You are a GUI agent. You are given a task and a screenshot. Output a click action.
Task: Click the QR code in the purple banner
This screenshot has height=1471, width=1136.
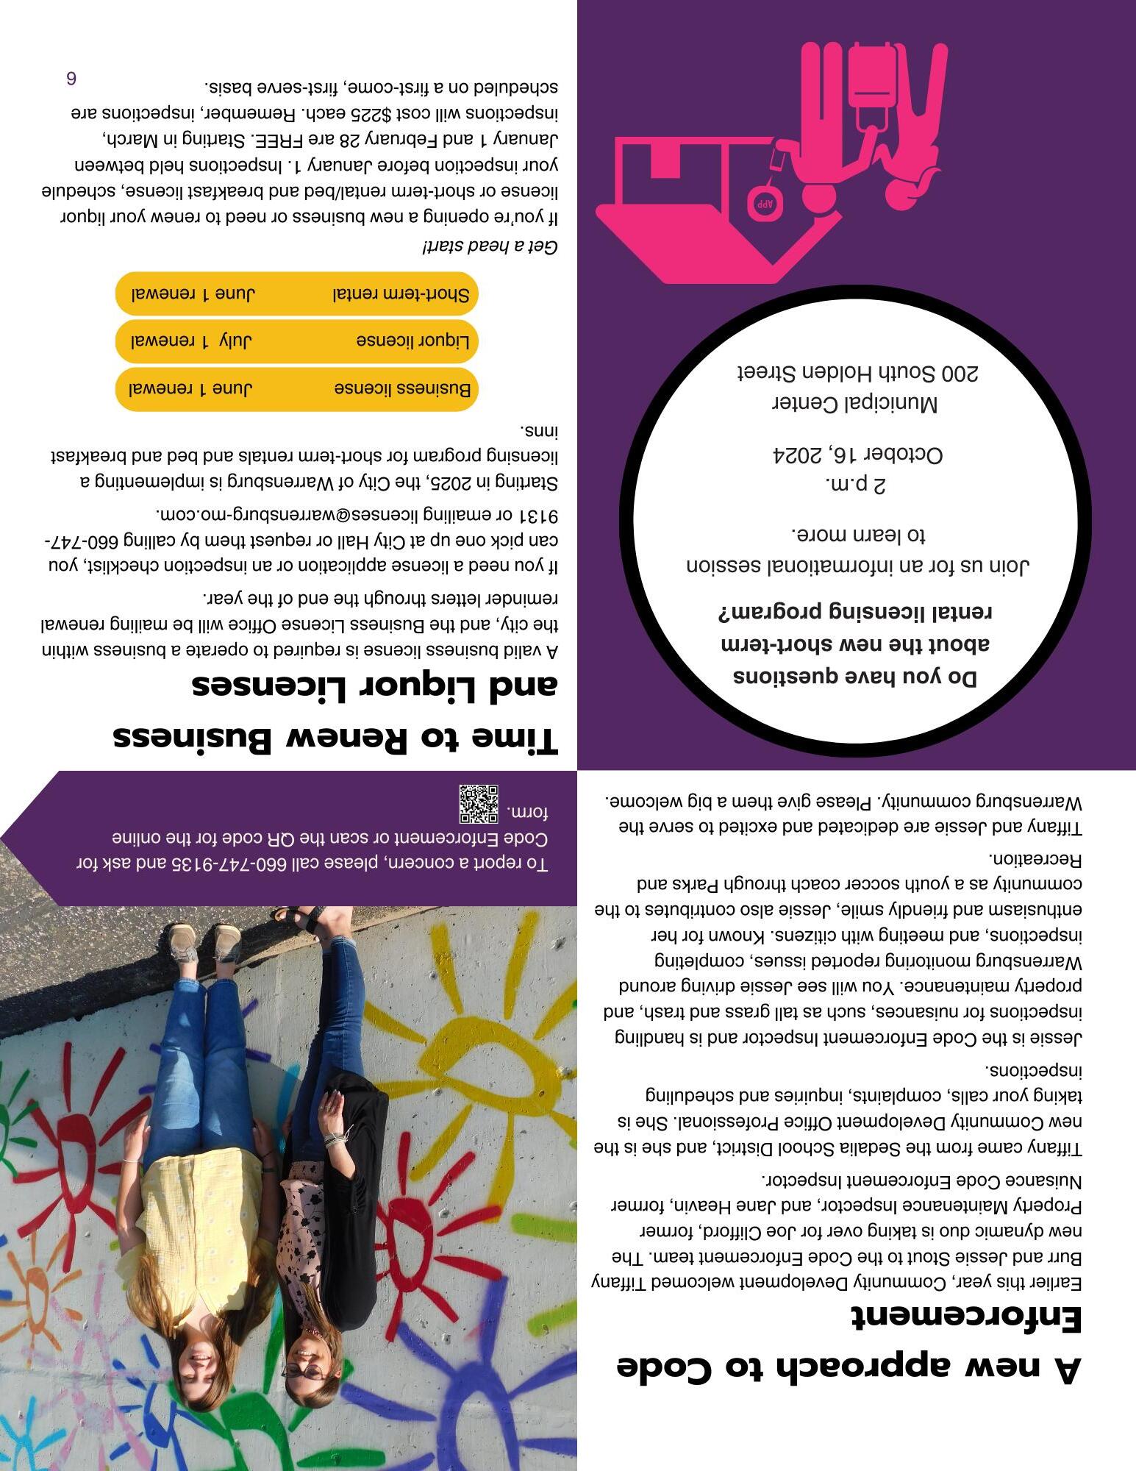pyautogui.click(x=479, y=804)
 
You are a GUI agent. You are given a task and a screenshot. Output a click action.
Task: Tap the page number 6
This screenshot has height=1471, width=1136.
pyautogui.click(x=71, y=79)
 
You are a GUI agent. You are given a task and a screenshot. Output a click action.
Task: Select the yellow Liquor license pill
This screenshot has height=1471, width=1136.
pyautogui.click(x=297, y=341)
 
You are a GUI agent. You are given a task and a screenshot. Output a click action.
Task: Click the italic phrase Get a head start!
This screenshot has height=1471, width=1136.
pyautogui.click(x=490, y=247)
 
